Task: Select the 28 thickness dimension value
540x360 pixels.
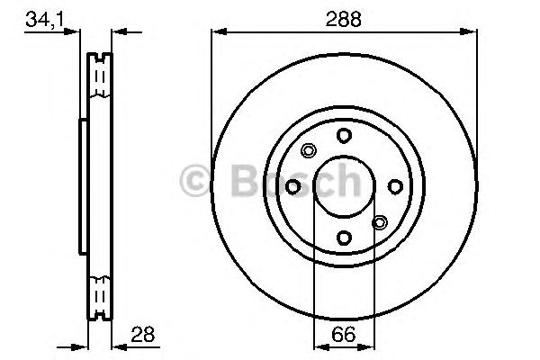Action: (141, 334)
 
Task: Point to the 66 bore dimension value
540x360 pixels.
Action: (343, 334)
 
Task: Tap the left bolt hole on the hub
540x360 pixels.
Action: (292, 186)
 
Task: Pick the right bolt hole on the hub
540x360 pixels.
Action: (394, 186)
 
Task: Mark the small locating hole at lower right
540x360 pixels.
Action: (379, 221)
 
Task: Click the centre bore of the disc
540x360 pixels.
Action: (343, 186)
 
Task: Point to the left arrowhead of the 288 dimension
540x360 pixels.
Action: (217, 32)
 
